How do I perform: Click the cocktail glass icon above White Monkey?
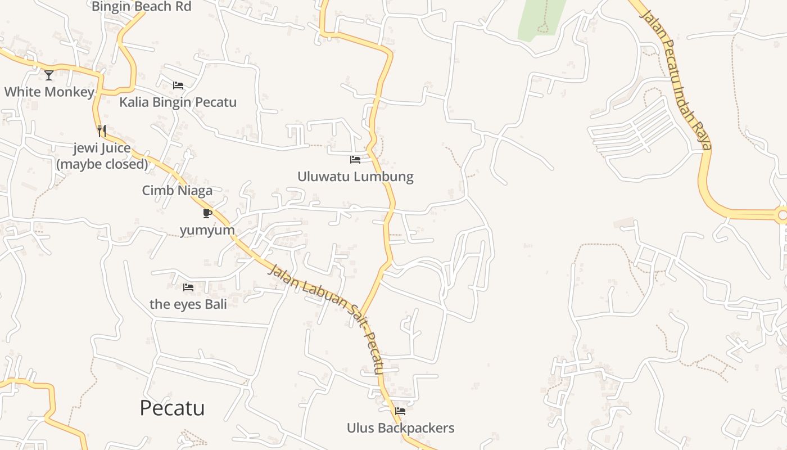49,75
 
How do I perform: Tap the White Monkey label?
49,92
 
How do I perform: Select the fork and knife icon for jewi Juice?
102,131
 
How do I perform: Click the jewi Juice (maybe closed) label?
102,156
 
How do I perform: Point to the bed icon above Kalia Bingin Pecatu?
178,85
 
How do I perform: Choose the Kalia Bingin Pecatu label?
178,102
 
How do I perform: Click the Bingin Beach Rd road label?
141,7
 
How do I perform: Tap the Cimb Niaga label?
177,190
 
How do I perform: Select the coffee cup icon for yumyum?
207,213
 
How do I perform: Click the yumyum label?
207,231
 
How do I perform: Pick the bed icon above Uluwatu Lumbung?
355,160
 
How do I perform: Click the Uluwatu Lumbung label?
355,177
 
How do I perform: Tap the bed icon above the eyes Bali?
188,287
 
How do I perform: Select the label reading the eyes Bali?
188,304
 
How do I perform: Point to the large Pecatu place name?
172,408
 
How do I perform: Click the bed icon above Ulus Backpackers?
400,411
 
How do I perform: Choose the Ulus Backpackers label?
400,428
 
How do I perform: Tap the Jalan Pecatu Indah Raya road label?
675,79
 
